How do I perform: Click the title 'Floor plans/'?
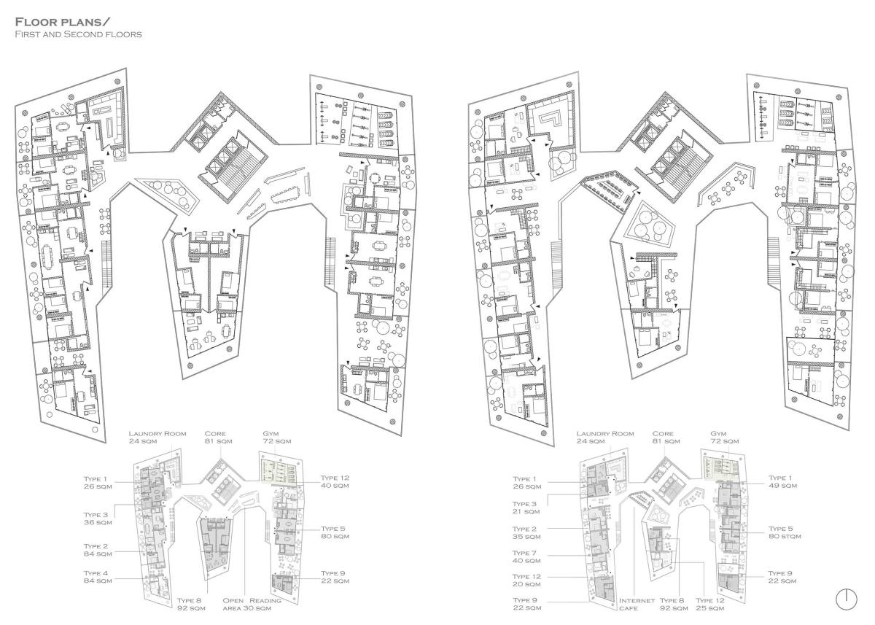(x=59, y=21)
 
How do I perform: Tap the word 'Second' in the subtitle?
(x=82, y=34)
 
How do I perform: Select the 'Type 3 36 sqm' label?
(x=98, y=519)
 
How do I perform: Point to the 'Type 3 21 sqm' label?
(x=526, y=508)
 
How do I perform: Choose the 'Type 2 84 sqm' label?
(x=98, y=550)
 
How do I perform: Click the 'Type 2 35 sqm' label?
(x=526, y=532)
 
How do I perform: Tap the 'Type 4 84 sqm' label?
(x=98, y=577)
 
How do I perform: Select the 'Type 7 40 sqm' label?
(x=526, y=556)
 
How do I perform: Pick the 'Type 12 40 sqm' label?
(x=335, y=481)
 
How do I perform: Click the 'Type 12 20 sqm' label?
(x=526, y=580)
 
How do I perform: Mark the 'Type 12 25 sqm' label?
(x=710, y=604)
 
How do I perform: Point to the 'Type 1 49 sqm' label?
(x=782, y=481)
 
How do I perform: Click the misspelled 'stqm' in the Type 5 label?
(x=792, y=536)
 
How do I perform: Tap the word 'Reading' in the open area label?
(x=265, y=600)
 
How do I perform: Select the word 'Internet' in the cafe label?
(x=637, y=600)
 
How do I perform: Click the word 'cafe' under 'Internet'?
(x=628, y=608)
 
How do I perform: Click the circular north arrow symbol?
(x=847, y=599)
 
